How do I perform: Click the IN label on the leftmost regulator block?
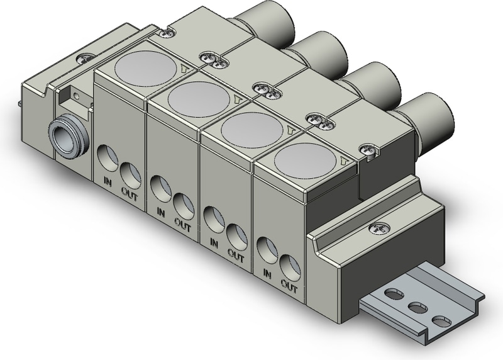(x=108, y=183)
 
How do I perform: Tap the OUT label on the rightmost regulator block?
(x=289, y=286)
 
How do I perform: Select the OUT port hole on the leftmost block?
(x=131, y=176)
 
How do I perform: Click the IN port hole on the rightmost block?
(x=268, y=250)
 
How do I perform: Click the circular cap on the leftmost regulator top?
(x=145, y=69)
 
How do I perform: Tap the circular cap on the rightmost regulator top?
(x=306, y=160)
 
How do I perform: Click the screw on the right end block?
(x=379, y=228)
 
